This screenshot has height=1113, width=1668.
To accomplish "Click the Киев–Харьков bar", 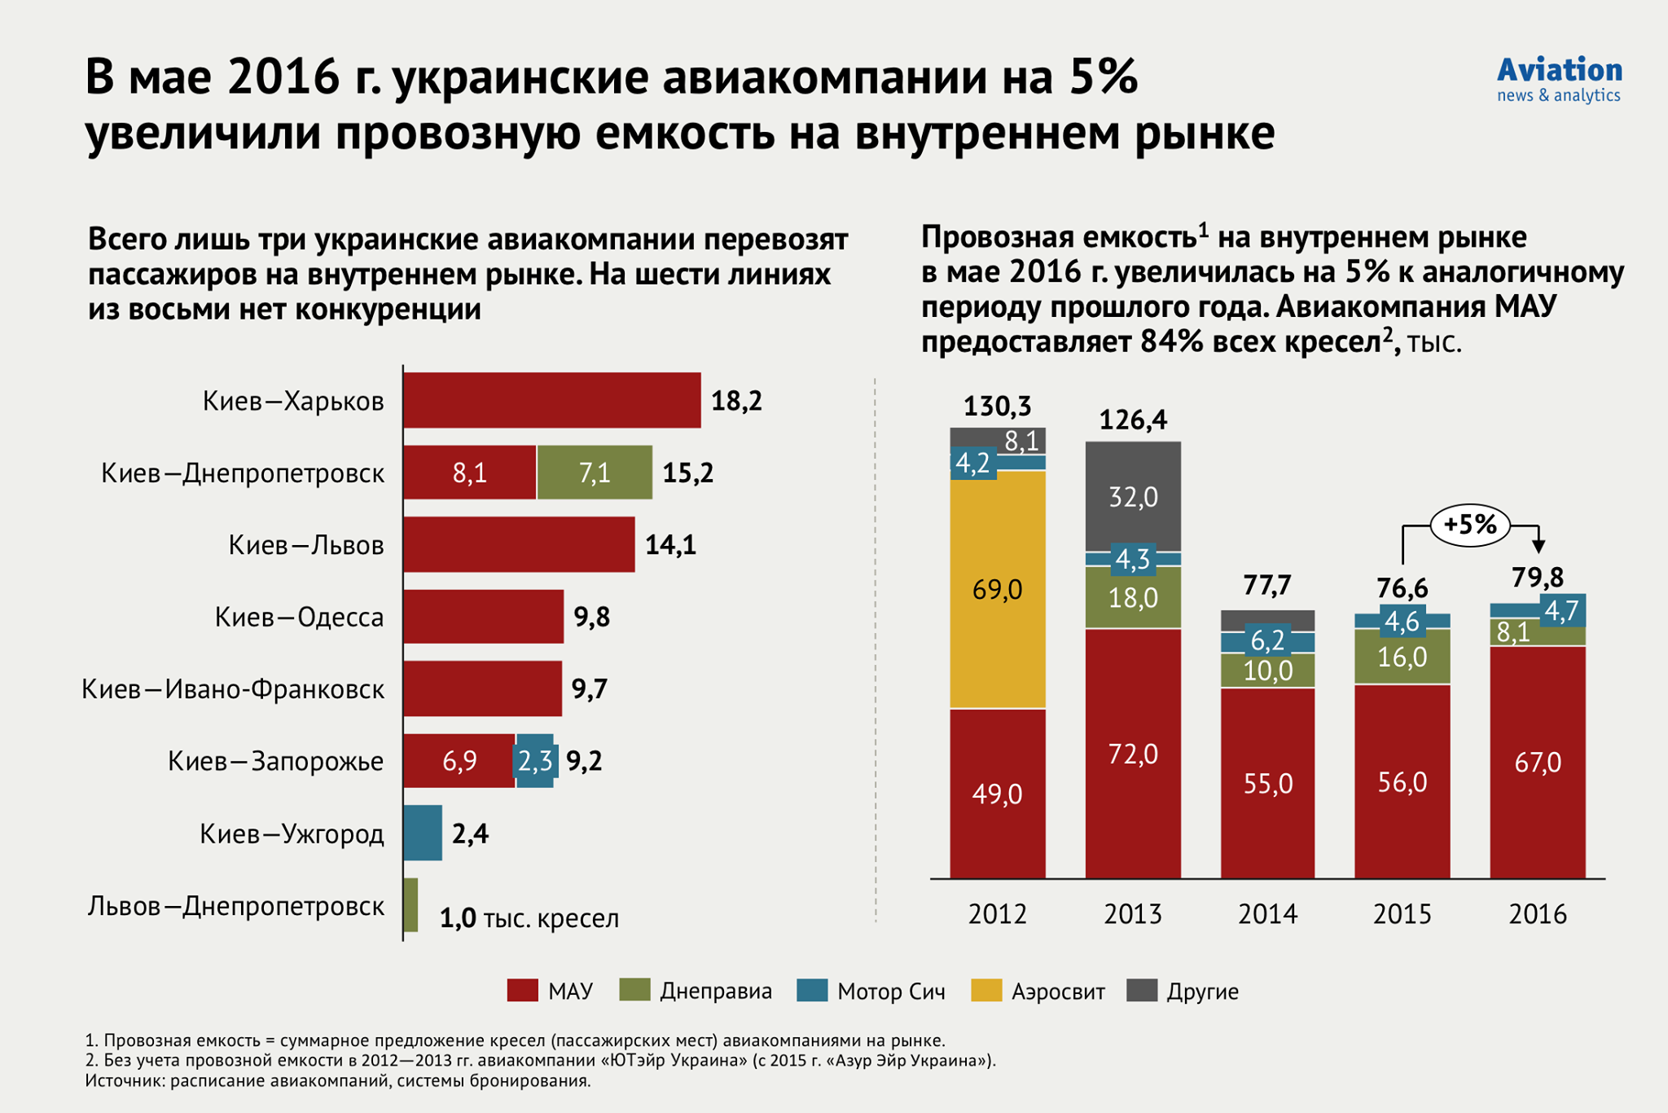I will [x=551, y=400].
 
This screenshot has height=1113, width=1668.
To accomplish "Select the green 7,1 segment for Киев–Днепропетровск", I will [x=594, y=473].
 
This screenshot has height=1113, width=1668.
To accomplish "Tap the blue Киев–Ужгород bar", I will [x=423, y=833].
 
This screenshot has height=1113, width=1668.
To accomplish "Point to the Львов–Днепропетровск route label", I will [x=236, y=906].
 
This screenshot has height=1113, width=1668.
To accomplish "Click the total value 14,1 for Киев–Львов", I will [x=670, y=545].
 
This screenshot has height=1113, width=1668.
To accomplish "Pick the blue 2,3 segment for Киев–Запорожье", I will [x=535, y=761].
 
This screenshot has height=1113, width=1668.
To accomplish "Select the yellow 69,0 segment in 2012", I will [x=997, y=589].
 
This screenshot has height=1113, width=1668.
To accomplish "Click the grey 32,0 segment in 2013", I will [x=1133, y=496].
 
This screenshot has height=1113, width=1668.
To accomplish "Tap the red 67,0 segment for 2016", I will [x=1537, y=762].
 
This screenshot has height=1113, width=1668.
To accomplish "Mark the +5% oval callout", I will [x=1469, y=525].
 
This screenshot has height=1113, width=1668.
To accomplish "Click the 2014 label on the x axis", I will [x=1267, y=914].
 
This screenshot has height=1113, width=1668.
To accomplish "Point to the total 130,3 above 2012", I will [x=997, y=406].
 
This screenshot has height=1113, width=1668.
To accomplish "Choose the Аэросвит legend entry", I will [x=1038, y=992].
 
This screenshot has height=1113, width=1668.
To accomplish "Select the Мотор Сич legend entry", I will [x=871, y=992].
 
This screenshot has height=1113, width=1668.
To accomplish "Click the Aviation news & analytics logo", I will [x=1559, y=80].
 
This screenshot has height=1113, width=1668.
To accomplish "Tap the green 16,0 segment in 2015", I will [x=1402, y=657].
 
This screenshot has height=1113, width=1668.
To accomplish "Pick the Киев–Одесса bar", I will [x=483, y=617].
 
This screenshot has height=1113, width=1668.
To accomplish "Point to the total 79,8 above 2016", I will [x=1537, y=578].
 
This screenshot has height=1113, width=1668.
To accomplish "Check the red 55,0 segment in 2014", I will [x=1267, y=783].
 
